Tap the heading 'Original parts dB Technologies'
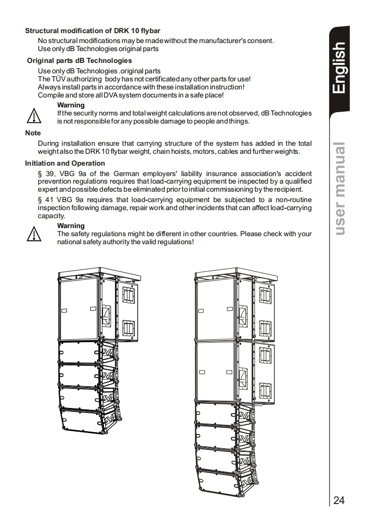[79, 61]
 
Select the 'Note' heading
[33, 133]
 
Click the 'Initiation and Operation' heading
[65, 163]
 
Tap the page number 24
[339, 500]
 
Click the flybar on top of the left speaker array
[99, 273]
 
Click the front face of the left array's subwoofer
[78, 310]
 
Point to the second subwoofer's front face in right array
[216, 372]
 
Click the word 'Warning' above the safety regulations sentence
[71, 226]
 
